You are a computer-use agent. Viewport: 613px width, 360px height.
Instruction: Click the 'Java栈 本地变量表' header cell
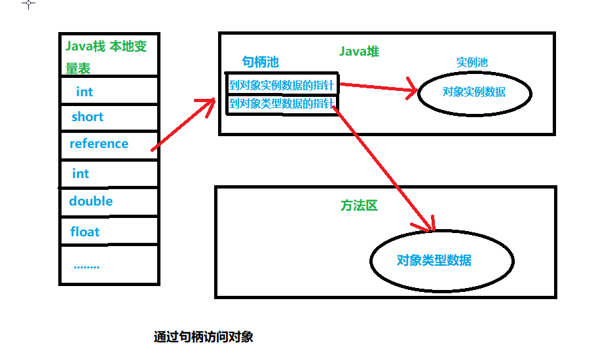tap(108, 56)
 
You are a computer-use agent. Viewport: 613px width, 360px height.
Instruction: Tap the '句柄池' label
tap(260, 62)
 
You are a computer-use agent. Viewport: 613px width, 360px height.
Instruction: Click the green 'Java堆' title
tap(360, 51)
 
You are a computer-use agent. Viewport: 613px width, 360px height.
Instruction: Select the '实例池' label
tap(472, 63)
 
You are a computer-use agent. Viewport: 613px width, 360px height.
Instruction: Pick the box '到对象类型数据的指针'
tap(282, 104)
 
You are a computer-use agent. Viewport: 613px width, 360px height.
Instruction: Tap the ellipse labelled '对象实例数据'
tap(474, 92)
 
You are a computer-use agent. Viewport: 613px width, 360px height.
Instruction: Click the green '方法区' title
tap(359, 205)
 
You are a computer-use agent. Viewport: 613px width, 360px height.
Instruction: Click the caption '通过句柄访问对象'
tap(203, 337)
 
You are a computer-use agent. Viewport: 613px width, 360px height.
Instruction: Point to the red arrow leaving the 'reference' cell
tap(183, 125)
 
